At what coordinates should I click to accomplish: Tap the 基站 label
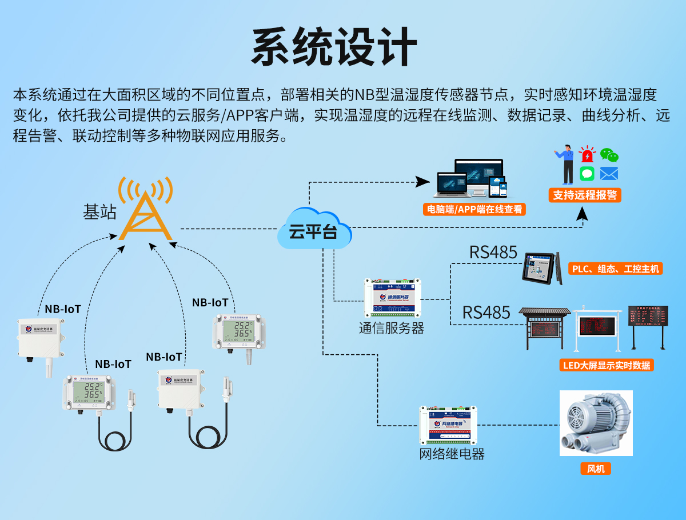pos(99,212)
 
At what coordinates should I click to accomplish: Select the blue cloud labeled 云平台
pos(313,230)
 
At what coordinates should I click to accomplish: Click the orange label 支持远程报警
pos(585,195)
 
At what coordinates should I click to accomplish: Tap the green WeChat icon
pos(609,154)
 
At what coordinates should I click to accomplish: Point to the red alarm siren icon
pos(587,154)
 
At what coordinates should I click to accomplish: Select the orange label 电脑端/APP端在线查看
pos(475,209)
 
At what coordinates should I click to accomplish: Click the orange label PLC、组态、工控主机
pos(615,269)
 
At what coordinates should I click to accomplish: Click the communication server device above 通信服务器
pos(393,298)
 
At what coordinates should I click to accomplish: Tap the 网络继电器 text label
pos(452,454)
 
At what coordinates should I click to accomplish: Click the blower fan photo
pos(596,423)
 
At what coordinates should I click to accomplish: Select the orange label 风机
pos(596,469)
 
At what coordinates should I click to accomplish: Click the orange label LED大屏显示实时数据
pos(607,365)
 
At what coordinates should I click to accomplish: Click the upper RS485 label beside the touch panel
pos(493,252)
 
